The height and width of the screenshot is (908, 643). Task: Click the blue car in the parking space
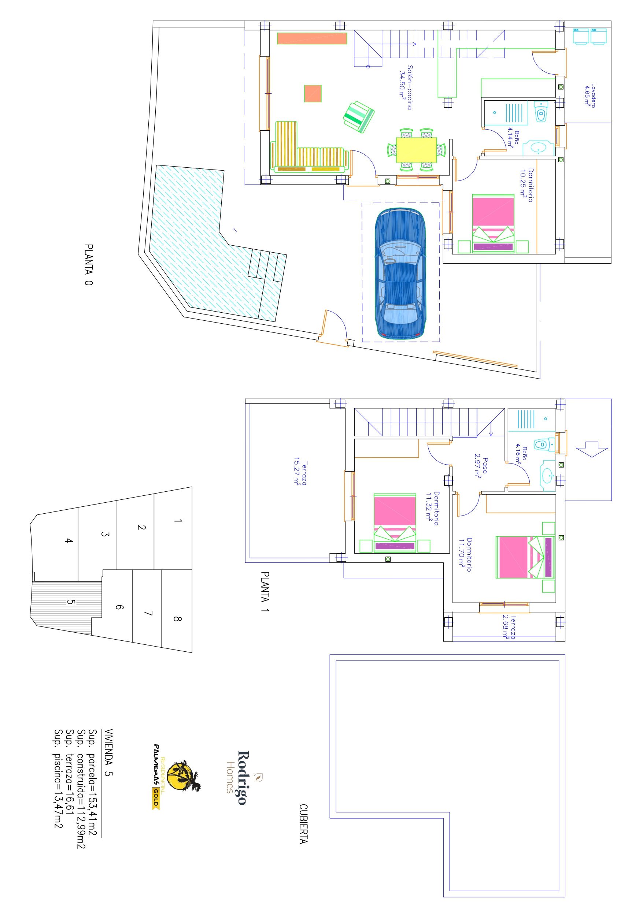(400, 273)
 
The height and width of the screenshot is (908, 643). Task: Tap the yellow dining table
(416, 149)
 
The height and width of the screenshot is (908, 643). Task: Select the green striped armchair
(358, 117)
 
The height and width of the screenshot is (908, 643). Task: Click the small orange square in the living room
(313, 93)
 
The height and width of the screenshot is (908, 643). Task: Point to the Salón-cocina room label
(406, 88)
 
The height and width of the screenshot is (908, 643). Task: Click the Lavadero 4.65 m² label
(590, 95)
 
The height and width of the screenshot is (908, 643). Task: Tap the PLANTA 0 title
(89, 264)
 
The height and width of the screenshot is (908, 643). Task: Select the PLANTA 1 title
(265, 592)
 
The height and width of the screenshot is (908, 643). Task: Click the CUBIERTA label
(303, 824)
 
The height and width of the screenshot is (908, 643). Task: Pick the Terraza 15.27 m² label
(300, 473)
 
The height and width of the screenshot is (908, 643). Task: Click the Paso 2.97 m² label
(481, 466)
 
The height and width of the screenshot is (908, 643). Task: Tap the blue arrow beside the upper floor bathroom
(592, 449)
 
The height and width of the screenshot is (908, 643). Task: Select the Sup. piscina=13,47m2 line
(58, 778)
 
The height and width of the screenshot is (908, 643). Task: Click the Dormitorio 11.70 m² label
(465, 554)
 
